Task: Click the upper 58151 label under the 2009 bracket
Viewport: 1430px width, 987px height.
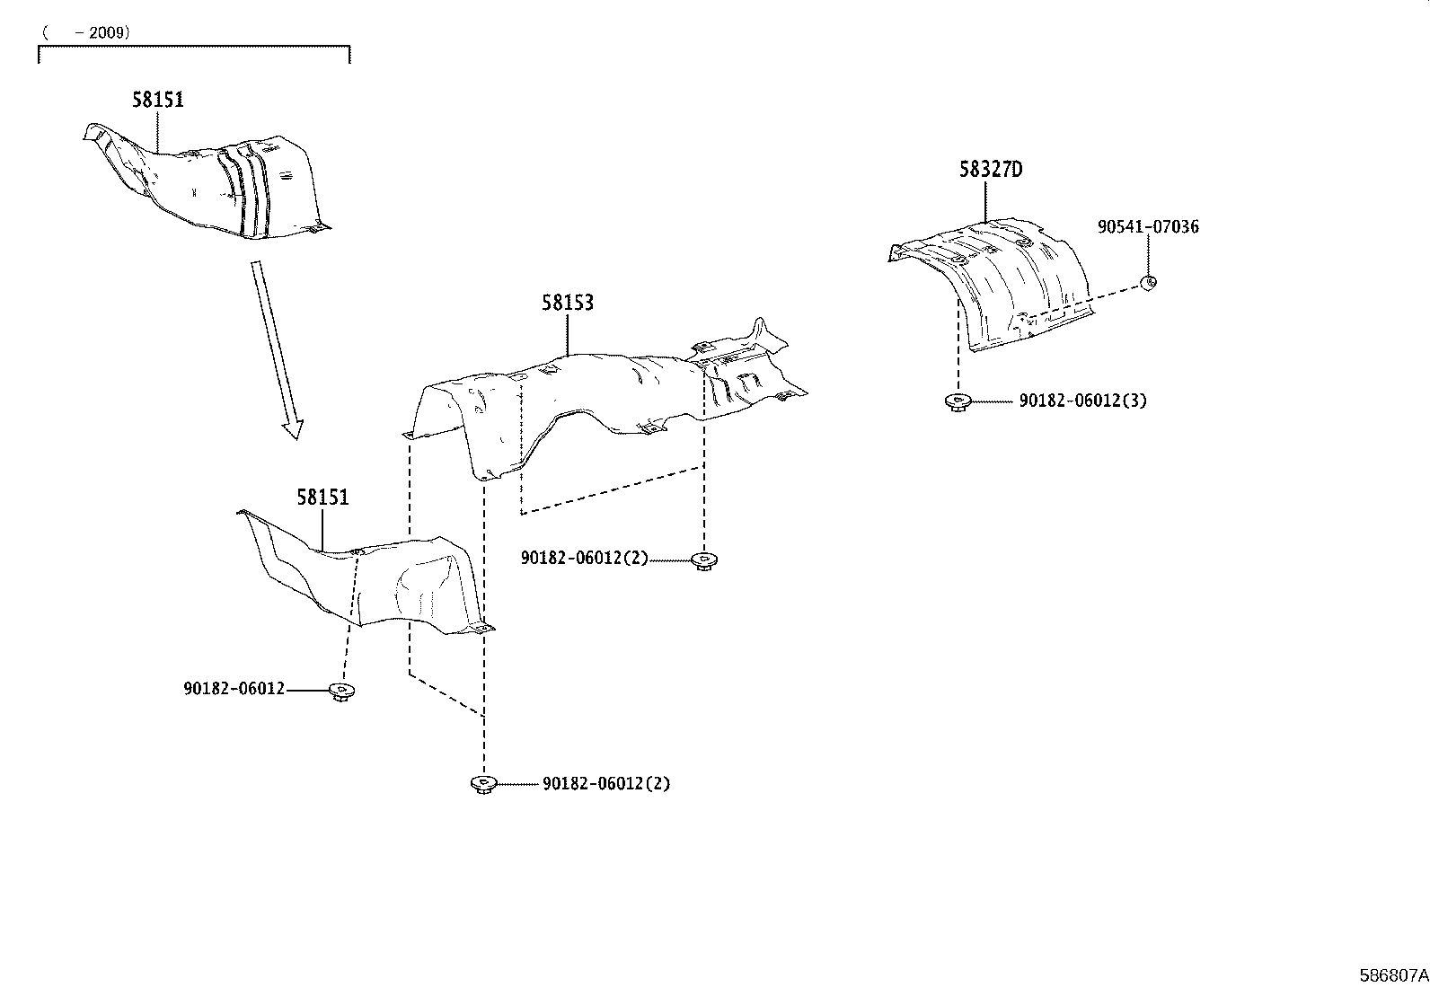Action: [157, 100]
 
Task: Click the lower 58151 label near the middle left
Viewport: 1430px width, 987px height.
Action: [322, 497]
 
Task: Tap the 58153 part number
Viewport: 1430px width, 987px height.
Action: [567, 303]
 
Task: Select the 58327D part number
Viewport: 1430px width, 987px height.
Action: [990, 169]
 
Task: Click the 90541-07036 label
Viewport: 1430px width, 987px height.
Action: [1147, 227]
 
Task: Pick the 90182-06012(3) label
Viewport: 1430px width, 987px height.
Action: [1081, 401]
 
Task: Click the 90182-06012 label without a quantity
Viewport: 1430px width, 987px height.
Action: [234, 689]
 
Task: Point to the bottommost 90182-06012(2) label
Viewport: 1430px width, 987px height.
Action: [605, 783]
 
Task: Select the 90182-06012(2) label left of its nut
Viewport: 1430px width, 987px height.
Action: [584, 558]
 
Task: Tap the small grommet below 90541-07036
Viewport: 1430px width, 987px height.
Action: [1148, 283]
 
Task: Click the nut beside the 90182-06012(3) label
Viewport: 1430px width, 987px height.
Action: [958, 401]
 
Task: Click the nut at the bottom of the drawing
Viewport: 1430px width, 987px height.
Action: [483, 784]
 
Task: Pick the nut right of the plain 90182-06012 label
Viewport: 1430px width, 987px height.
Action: [340, 691]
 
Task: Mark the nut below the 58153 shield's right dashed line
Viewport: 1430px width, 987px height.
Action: [705, 560]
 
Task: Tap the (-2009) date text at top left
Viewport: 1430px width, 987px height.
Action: [86, 32]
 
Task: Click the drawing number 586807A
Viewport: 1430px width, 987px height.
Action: [1393, 974]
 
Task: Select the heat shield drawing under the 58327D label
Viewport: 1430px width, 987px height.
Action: [997, 278]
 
